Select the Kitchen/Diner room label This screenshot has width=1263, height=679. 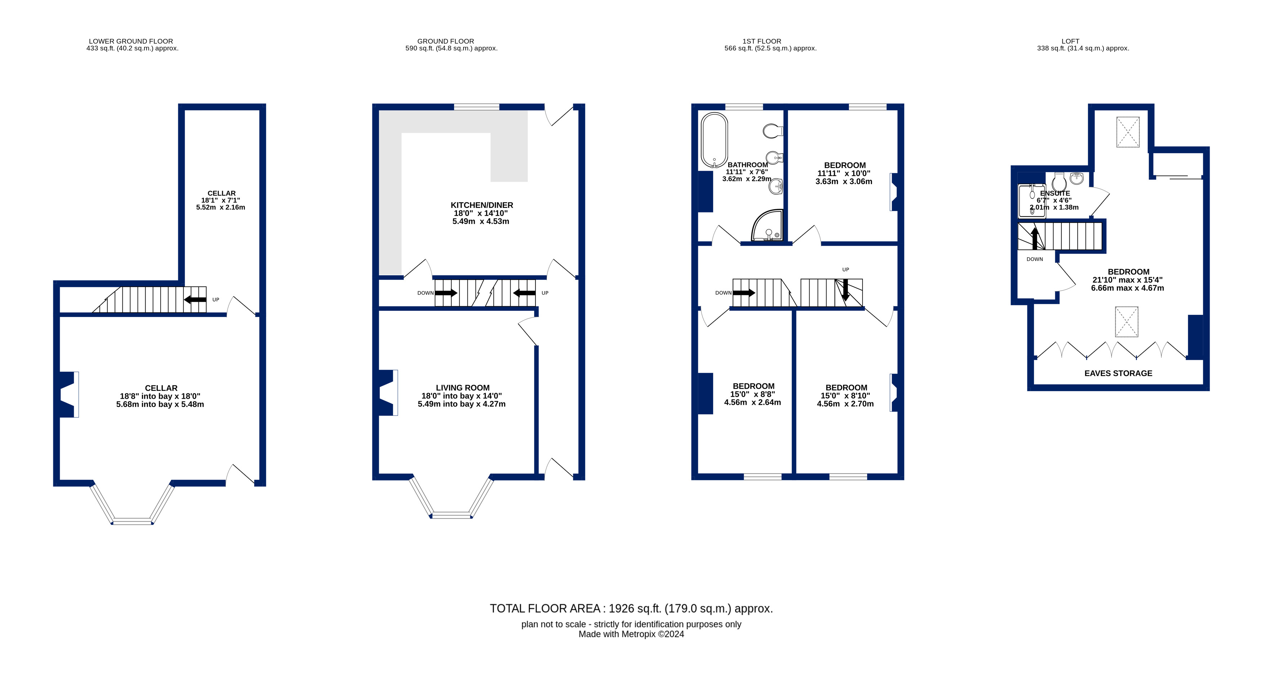click(482, 205)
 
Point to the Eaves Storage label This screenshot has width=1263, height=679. click(1118, 373)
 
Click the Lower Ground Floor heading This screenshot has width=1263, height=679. click(131, 41)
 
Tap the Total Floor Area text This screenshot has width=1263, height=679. click(631, 608)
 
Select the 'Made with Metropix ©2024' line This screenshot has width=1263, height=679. click(631, 634)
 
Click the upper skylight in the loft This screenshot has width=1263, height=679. click(1128, 132)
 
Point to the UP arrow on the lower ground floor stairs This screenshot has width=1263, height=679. click(195, 300)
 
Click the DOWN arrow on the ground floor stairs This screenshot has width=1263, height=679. click(446, 293)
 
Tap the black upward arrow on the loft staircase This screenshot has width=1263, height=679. click(1035, 238)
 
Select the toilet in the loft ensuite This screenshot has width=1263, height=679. click(1059, 182)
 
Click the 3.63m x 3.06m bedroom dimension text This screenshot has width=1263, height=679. click(844, 182)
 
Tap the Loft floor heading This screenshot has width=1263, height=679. click(1070, 41)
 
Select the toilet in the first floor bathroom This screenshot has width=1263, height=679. click(773, 131)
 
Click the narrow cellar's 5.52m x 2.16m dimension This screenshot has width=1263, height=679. click(221, 207)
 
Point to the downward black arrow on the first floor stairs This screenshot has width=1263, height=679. click(845, 290)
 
